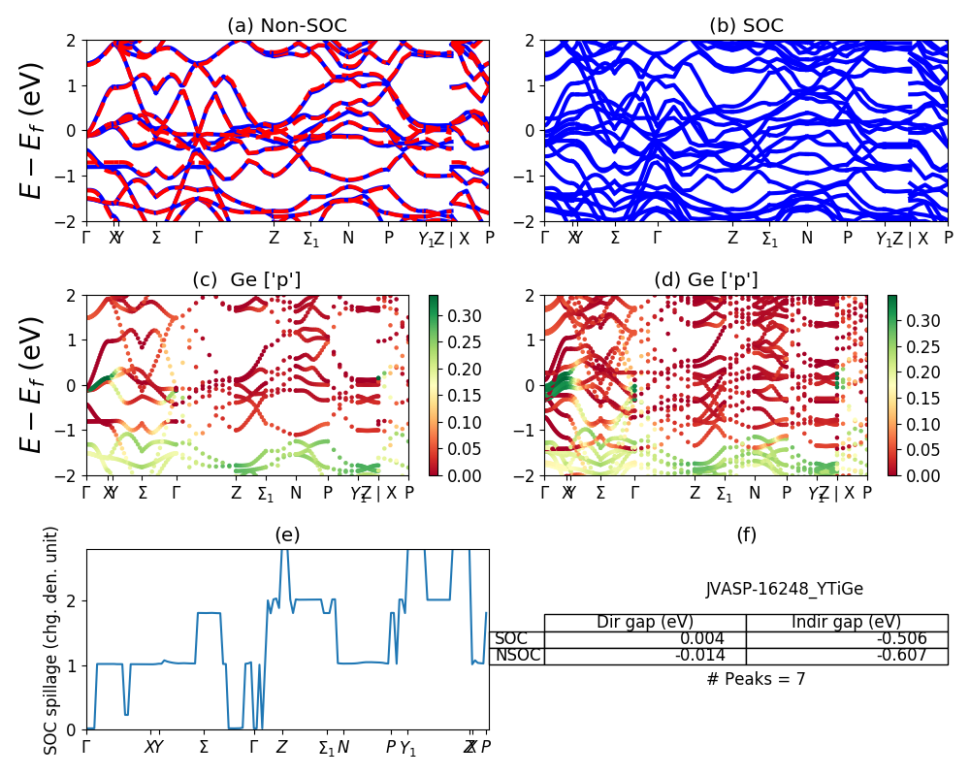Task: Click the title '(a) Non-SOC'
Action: pyautogui.click(x=287, y=26)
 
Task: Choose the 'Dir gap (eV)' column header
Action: pyautogui.click(x=645, y=623)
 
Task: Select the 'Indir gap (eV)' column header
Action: pyautogui.click(x=847, y=623)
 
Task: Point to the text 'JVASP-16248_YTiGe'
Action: pyautogui.click(x=784, y=589)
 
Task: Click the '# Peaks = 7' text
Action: pyautogui.click(x=756, y=679)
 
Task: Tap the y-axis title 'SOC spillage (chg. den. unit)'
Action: pyautogui.click(x=52, y=640)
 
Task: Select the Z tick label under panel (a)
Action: pyautogui.click(x=274, y=237)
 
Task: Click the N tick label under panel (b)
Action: pyautogui.click(x=806, y=237)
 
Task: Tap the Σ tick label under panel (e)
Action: pyautogui.click(x=204, y=747)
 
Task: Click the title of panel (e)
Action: pyautogui.click(x=287, y=534)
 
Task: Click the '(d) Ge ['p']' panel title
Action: pyautogui.click(x=706, y=280)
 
